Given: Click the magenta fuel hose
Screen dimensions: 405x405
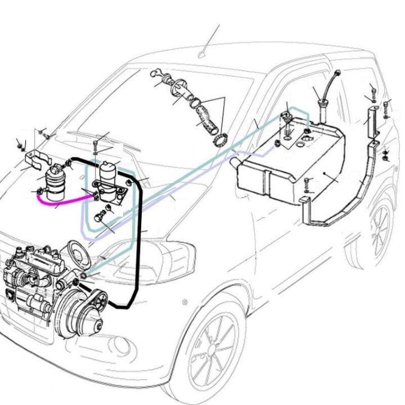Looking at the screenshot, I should coord(56,200).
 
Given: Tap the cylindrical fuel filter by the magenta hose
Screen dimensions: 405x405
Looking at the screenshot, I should coord(55,180).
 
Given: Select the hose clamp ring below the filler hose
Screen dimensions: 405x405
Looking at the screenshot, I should coord(220,138).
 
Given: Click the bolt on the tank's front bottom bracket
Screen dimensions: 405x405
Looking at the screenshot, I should coord(307,184).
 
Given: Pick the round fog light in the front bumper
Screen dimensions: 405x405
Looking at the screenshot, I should coord(120,344).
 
